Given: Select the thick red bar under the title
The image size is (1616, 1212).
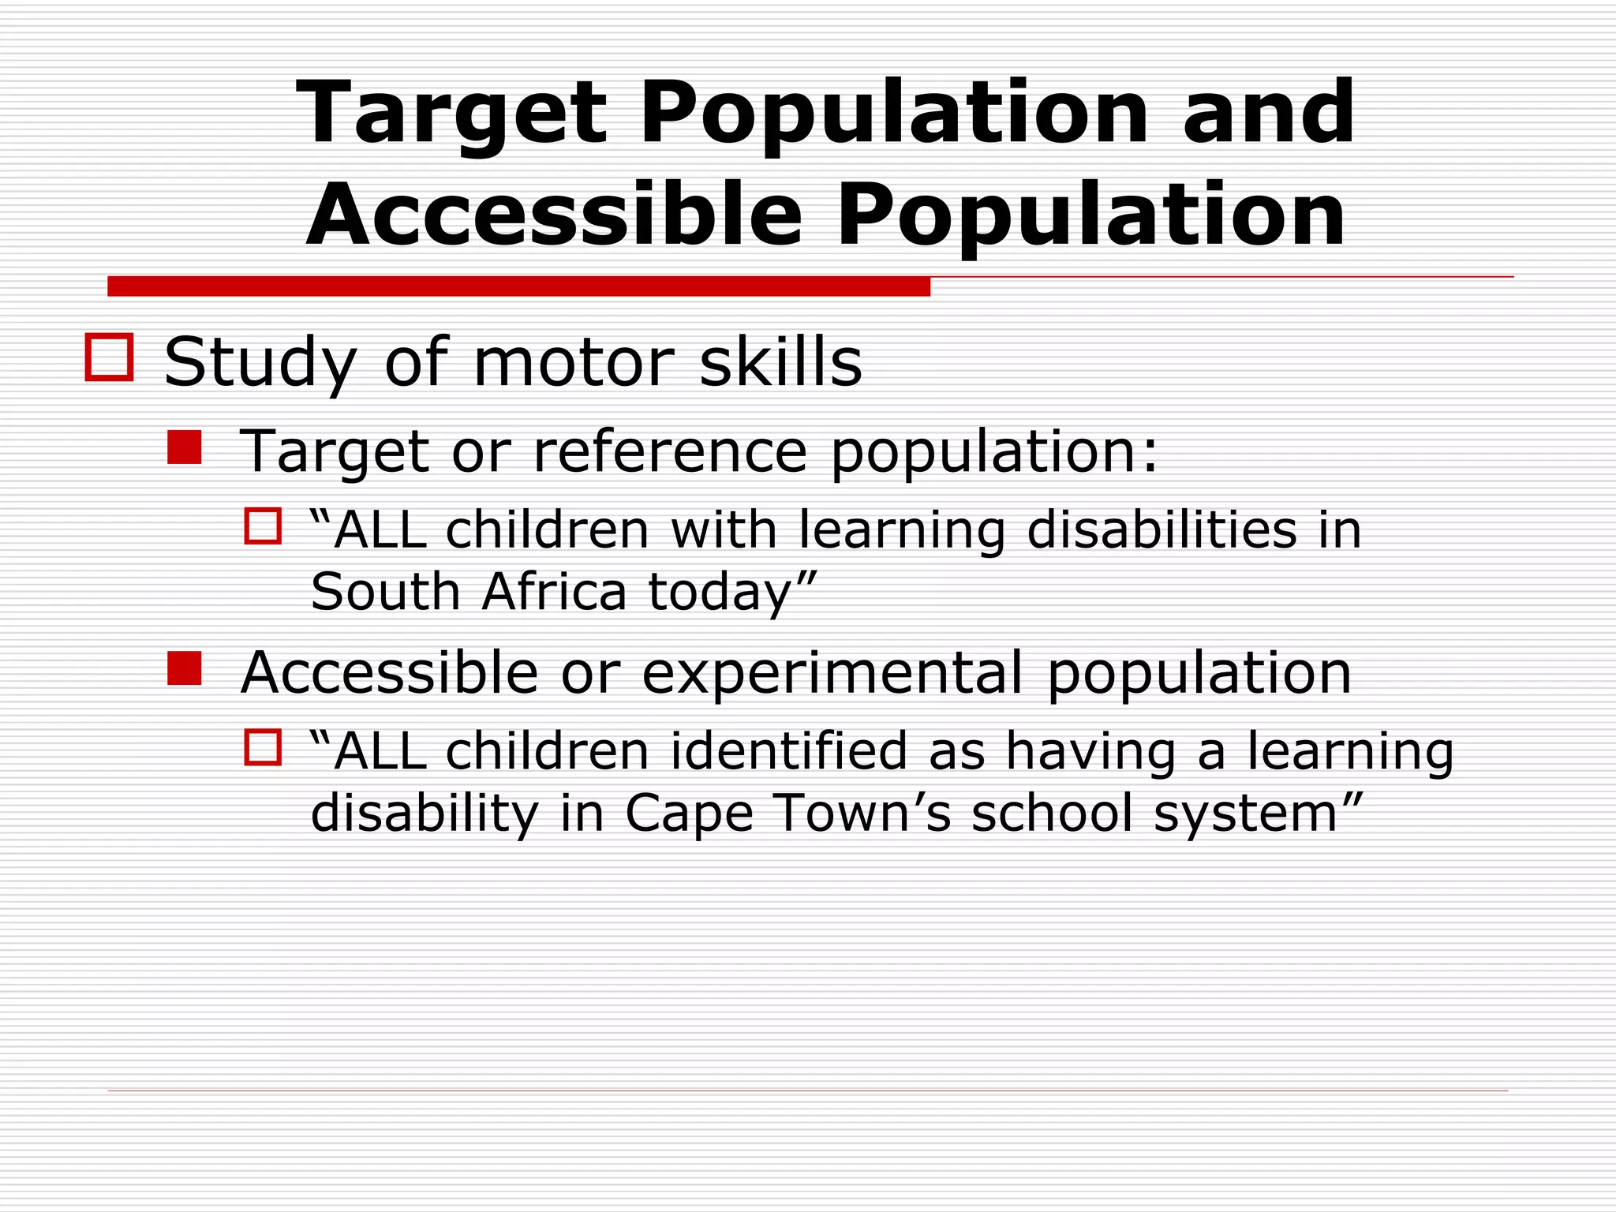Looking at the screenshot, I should (x=518, y=286).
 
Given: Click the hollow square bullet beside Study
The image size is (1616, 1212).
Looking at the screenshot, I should (x=109, y=357).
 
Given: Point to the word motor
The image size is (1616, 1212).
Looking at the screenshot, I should (x=573, y=362).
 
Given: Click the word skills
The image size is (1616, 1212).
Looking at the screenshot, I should (x=780, y=362).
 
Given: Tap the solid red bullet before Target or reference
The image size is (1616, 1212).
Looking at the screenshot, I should (x=185, y=447).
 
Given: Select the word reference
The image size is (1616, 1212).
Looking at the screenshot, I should (x=670, y=451).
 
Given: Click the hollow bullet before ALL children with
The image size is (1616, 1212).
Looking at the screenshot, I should (x=263, y=526).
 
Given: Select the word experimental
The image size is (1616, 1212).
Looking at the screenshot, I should (x=832, y=673).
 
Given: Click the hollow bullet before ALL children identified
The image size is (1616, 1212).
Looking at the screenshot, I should (x=263, y=746).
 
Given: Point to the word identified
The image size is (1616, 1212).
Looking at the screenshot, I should (x=789, y=750).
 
